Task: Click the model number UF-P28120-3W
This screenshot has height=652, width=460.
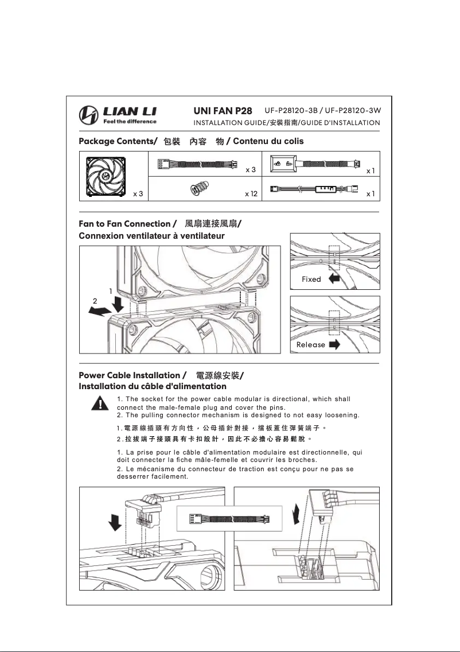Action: (353, 110)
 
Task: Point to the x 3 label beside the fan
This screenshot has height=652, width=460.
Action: (138, 194)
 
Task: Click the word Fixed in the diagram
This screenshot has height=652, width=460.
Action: (311, 279)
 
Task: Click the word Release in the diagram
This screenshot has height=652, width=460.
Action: (310, 345)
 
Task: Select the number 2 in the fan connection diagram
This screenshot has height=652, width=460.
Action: (95, 301)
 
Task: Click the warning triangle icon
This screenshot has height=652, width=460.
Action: (101, 403)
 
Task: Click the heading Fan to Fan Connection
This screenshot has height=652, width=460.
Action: (124, 223)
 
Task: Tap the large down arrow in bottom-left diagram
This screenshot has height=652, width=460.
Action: (115, 522)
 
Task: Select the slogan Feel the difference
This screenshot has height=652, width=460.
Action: (129, 121)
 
